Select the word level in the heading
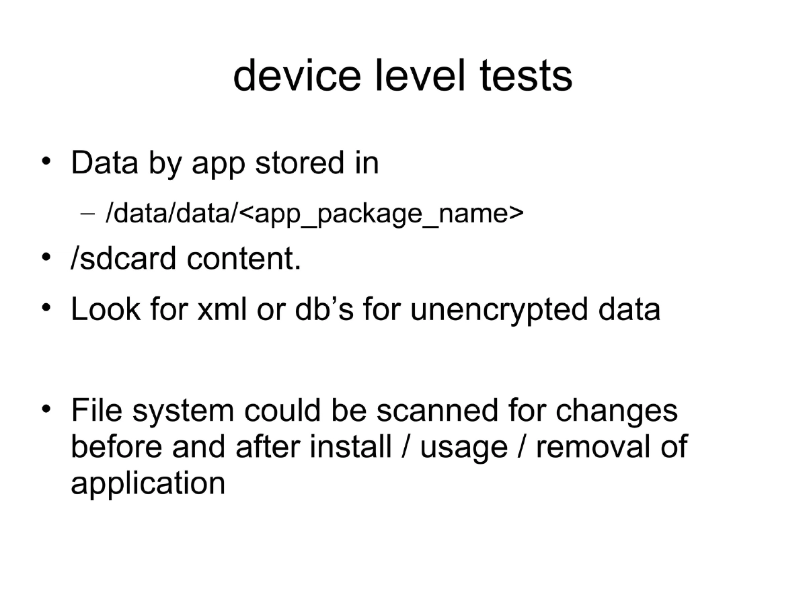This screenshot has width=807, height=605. (420, 76)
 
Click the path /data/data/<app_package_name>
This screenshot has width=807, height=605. (314, 213)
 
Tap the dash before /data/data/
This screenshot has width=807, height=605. (88, 214)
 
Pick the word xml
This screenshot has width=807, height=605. (218, 309)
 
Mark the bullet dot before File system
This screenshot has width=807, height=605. (46, 409)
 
